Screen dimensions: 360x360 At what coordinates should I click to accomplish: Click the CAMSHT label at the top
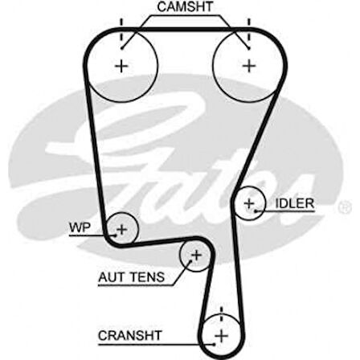[x=184, y=6]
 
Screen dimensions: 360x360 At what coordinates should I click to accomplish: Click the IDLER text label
[x=295, y=203]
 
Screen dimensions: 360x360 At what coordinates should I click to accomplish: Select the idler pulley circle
[x=250, y=204]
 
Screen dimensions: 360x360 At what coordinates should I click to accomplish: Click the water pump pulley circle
[x=121, y=230]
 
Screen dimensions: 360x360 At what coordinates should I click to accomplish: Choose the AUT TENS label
[x=131, y=277]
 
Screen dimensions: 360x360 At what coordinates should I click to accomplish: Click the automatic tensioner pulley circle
[x=194, y=256]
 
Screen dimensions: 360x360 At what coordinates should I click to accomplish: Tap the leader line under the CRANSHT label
[x=149, y=342]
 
